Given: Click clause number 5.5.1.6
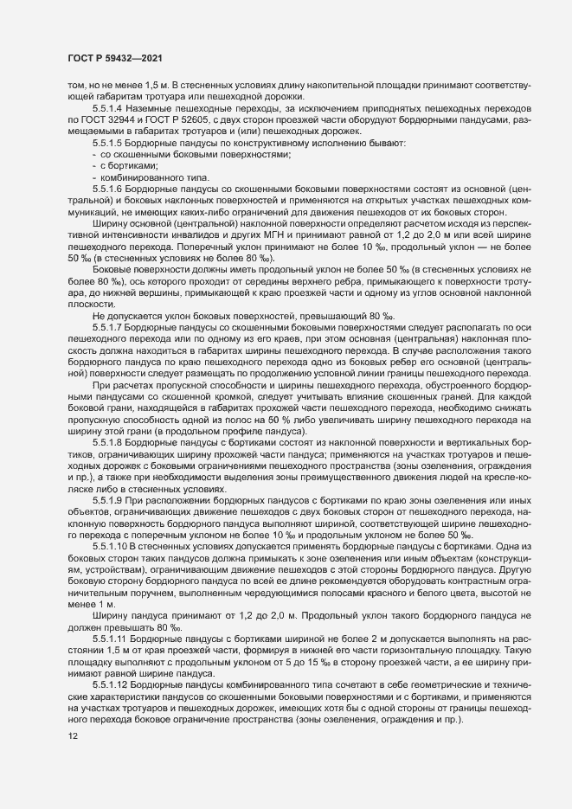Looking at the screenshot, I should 108,187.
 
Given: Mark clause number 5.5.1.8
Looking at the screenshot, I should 108,442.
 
